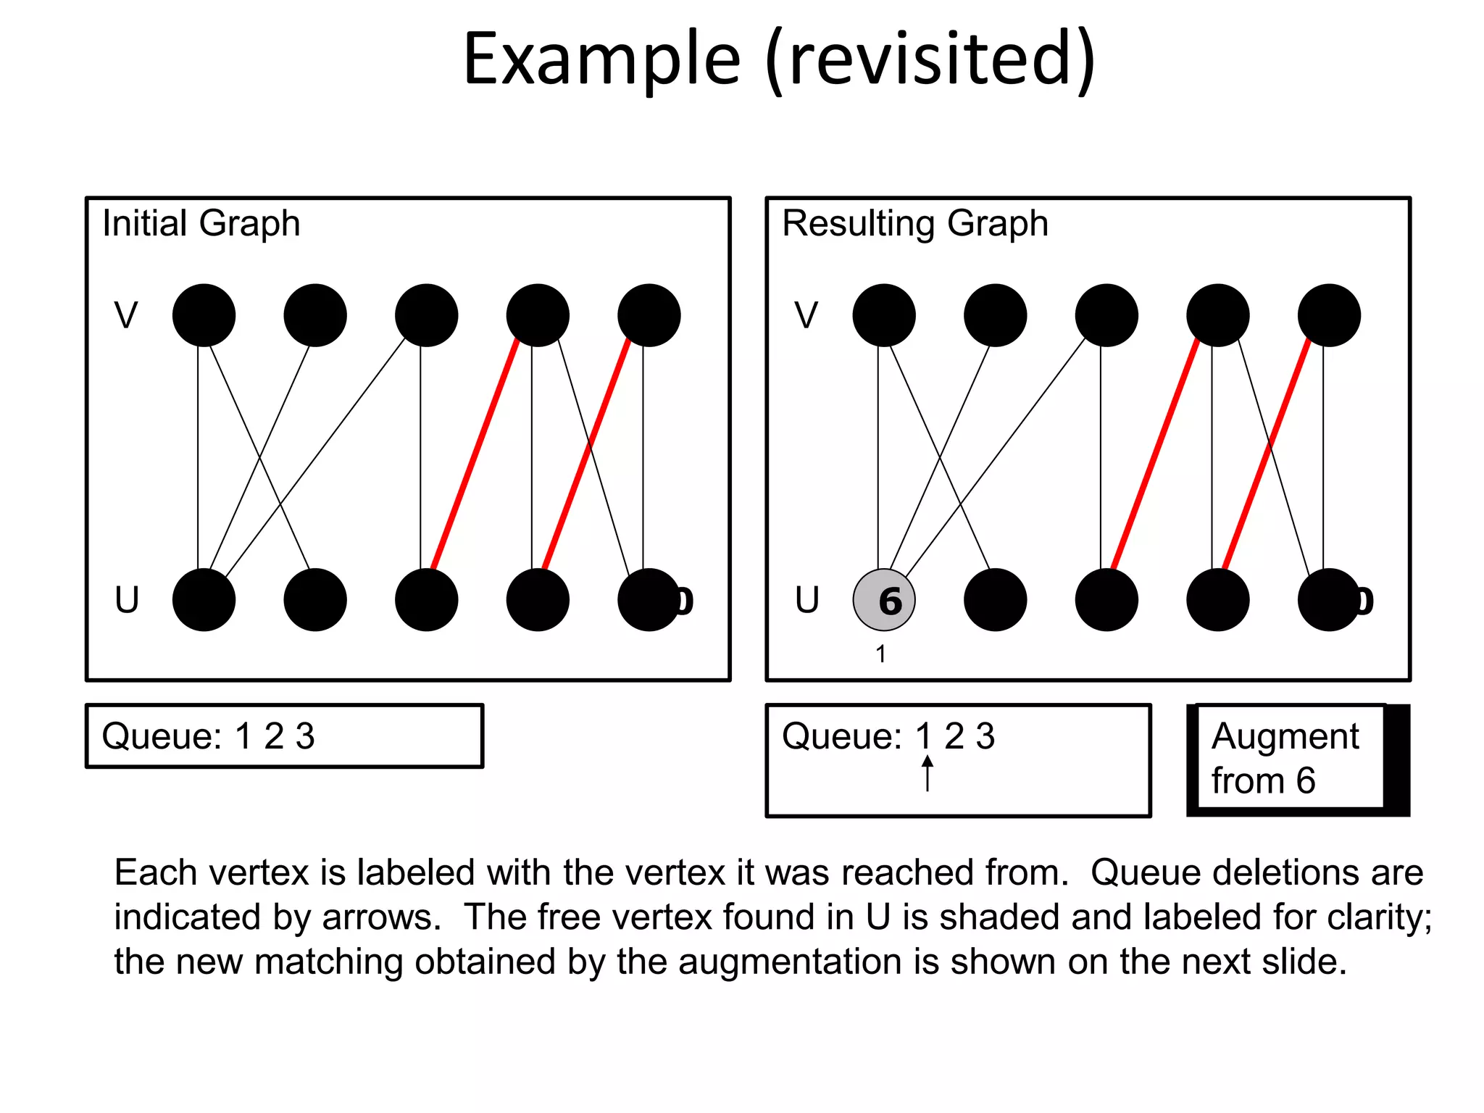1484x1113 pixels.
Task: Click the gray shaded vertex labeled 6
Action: (x=883, y=600)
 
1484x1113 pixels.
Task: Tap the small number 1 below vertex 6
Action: (x=880, y=654)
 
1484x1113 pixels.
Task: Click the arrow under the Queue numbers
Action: (x=927, y=773)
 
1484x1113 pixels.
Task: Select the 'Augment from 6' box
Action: (x=1290, y=759)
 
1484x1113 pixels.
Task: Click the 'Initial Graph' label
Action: (x=201, y=223)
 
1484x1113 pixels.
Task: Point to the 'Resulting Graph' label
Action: (x=914, y=223)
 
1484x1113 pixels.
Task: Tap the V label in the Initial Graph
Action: (x=126, y=315)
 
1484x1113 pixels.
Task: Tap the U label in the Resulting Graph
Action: (x=806, y=600)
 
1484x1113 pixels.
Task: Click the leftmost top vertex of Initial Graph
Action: (x=204, y=315)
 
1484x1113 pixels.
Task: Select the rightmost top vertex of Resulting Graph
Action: (x=1328, y=315)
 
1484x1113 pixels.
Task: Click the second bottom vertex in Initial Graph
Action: (x=315, y=600)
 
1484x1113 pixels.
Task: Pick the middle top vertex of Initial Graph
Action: (x=426, y=315)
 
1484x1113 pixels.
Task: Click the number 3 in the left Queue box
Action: (x=305, y=736)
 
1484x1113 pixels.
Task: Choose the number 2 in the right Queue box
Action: (x=954, y=736)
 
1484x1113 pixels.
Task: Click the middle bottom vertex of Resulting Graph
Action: (x=1106, y=600)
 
